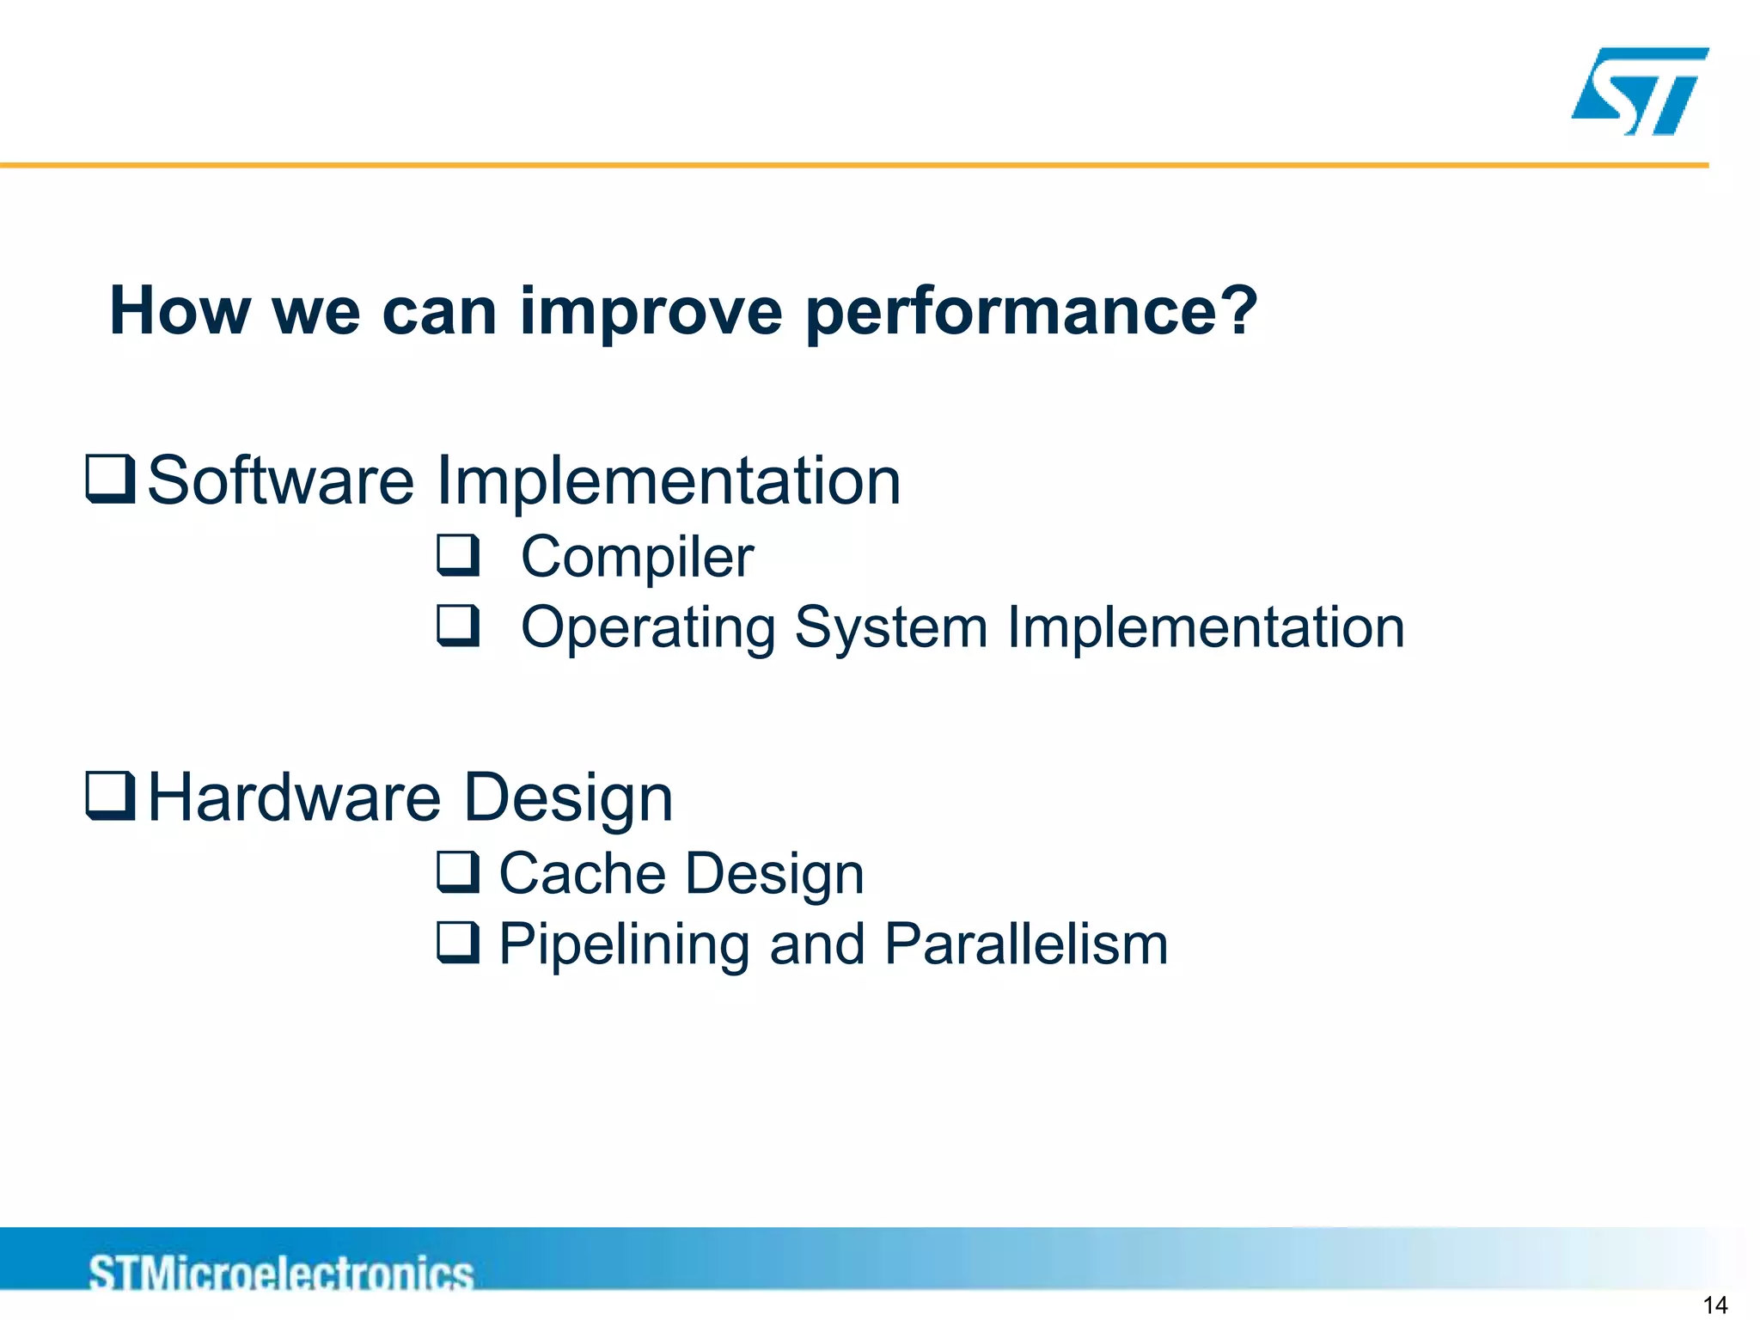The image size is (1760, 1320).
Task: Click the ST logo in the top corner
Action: pyautogui.click(x=1640, y=91)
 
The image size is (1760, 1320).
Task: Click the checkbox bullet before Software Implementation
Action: pyautogui.click(x=111, y=480)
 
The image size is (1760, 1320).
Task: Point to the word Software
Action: pyautogui.click(x=280, y=481)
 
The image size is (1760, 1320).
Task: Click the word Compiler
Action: pyautogui.click(x=637, y=558)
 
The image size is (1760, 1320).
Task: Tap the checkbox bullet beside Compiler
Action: pyautogui.click(x=458, y=555)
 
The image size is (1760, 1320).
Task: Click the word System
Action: pyautogui.click(x=890, y=628)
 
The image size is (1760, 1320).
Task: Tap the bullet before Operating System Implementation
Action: pyautogui.click(x=458, y=626)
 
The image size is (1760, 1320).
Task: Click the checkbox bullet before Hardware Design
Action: pyautogui.click(x=111, y=796)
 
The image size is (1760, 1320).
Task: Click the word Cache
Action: pyautogui.click(x=582, y=874)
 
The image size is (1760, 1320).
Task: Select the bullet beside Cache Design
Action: pyautogui.click(x=458, y=872)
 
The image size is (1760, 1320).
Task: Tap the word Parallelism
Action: pyautogui.click(x=1026, y=944)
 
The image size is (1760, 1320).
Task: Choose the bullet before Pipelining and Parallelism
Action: pyautogui.click(x=458, y=943)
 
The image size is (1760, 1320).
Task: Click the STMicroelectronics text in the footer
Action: pyautogui.click(x=281, y=1273)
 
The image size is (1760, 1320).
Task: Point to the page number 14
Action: pyautogui.click(x=1714, y=1305)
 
